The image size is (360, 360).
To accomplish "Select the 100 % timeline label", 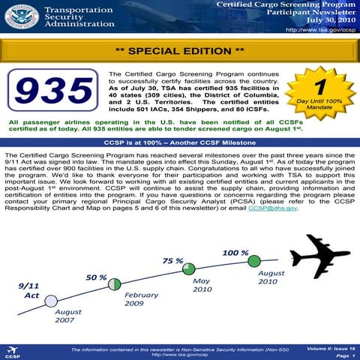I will tap(235, 253).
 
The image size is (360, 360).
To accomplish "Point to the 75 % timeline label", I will tap(173, 260).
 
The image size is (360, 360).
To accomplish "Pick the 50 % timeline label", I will tap(96, 277).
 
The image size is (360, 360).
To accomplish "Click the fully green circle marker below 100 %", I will tap(254, 261).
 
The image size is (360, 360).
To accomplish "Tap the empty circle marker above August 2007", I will tap(51, 301).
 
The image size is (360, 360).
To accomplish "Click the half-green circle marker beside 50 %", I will tap(115, 283).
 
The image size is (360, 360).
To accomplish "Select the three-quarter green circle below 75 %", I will tap(189, 268).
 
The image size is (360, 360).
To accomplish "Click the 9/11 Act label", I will tap(32, 290).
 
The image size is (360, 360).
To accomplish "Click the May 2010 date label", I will tap(202, 284).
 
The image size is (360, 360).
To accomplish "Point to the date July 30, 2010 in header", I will tap(322, 22).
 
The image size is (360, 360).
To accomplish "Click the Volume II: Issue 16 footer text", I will tap(331, 349).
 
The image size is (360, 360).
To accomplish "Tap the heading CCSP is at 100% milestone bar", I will tap(180, 140).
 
